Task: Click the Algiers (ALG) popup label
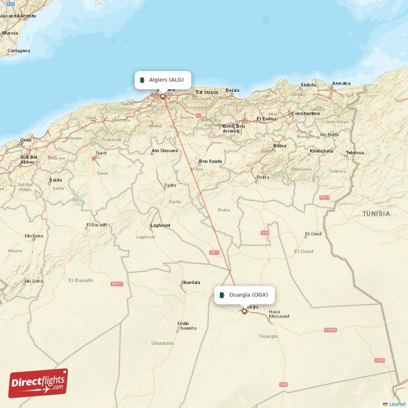[x=163, y=80]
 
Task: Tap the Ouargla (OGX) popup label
[x=245, y=295]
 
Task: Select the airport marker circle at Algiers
[x=163, y=96]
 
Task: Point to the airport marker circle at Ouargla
[x=244, y=311]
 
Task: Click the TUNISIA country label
[x=376, y=214]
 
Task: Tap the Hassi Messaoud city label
[x=279, y=314]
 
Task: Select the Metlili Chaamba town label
[x=187, y=326]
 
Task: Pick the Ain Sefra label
[x=34, y=281]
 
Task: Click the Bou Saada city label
[x=211, y=161]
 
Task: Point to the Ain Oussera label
[x=165, y=150]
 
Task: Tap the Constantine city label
[x=305, y=113]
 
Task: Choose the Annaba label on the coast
[x=341, y=83]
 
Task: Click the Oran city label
[x=25, y=140]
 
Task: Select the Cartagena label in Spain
[x=19, y=50]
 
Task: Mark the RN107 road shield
[x=117, y=284]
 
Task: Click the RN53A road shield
[x=330, y=330]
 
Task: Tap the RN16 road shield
[x=324, y=197]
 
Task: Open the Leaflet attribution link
[x=397, y=404]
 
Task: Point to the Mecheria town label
[x=34, y=236]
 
